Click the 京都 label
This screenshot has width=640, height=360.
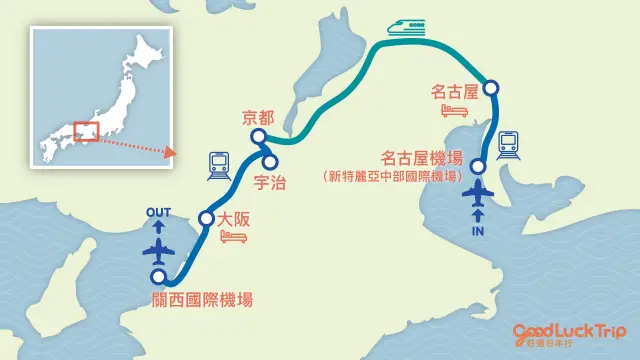click(258, 117)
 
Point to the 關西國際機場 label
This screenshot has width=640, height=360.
click(211, 299)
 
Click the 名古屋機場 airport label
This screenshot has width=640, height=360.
click(422, 157)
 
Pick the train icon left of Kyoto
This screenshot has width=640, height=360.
click(219, 164)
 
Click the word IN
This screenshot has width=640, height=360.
click(479, 230)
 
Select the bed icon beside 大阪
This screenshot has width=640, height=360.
click(232, 236)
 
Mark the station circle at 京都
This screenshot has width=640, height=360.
click(258, 137)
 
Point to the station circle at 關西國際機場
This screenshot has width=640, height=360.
click(157, 277)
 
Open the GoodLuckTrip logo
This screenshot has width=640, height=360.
click(569, 333)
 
